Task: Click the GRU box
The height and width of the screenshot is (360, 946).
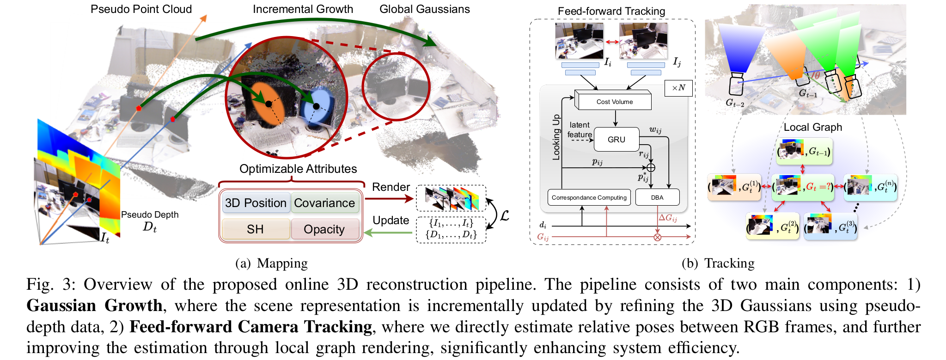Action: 616,140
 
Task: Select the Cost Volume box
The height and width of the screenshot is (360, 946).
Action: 614,102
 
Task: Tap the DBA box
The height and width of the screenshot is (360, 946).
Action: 657,197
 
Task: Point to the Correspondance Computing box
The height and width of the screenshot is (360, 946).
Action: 589,197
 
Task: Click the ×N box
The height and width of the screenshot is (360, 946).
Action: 678,88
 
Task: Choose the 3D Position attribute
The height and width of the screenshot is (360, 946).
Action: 256,203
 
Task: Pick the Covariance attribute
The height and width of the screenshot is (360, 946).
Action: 324,203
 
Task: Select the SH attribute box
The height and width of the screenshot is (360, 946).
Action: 255,229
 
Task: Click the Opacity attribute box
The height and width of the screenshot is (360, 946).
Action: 324,229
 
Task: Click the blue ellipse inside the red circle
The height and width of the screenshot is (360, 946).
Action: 316,107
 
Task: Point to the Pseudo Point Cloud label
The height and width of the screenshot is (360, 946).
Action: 141,9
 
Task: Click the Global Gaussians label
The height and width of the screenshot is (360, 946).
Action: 424,9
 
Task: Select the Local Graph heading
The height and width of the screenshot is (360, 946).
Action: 812,127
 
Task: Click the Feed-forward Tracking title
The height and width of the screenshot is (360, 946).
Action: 611,11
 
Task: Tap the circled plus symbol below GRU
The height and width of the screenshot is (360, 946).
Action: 651,167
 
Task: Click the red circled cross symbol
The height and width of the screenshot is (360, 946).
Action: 657,237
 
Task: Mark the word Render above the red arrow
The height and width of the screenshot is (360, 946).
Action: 391,187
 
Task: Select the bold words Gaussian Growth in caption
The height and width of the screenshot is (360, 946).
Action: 94,305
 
